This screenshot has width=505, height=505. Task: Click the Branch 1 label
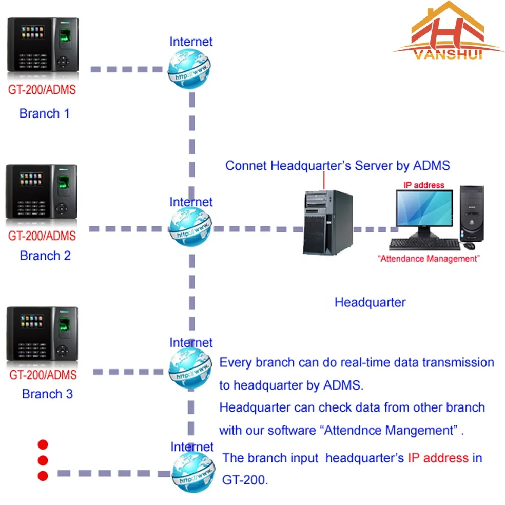click(x=44, y=113)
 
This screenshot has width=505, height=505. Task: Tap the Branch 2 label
click(x=45, y=255)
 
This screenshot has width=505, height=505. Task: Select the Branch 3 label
click(x=47, y=394)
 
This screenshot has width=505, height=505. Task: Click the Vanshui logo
click(x=448, y=33)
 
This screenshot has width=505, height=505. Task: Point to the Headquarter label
click(x=370, y=302)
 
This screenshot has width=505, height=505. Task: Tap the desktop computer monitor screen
click(x=424, y=209)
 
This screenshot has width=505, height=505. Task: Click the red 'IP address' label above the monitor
click(x=424, y=185)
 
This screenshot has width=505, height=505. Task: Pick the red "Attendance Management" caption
click(x=429, y=259)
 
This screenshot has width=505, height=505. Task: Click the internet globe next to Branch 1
click(x=189, y=69)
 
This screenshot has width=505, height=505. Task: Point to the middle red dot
click(x=43, y=460)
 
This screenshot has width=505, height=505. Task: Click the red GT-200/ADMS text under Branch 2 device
click(x=42, y=236)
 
